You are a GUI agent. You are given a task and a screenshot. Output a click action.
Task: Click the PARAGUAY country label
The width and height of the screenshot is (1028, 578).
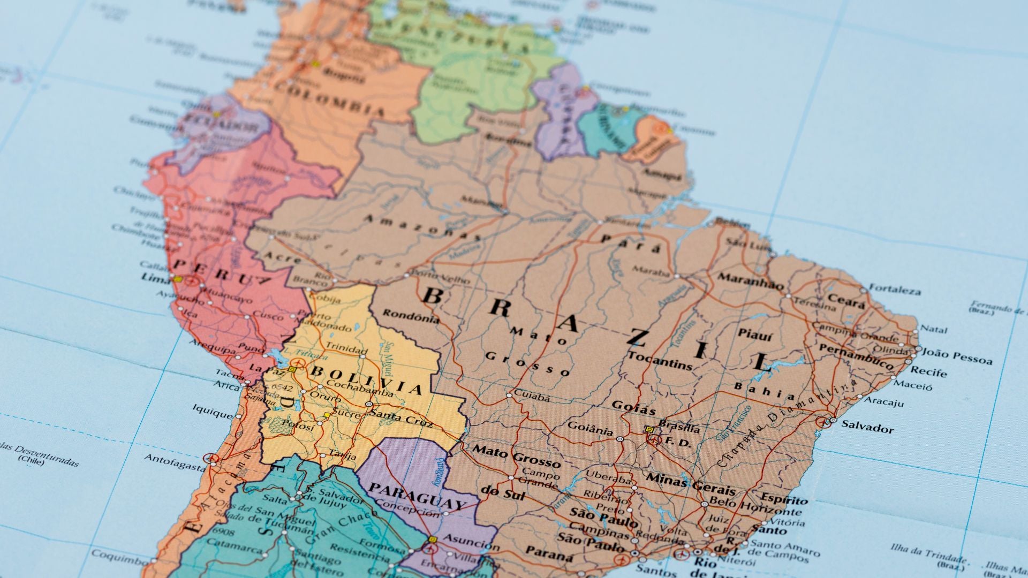[417, 496]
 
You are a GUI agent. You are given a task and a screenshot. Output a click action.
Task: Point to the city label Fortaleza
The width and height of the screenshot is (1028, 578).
[895, 290]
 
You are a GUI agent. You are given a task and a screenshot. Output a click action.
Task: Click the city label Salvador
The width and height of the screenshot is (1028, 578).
[867, 427]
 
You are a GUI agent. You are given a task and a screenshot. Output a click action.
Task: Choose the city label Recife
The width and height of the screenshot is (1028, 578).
[928, 371]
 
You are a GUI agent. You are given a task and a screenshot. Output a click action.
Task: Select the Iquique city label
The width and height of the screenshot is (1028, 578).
[213, 412]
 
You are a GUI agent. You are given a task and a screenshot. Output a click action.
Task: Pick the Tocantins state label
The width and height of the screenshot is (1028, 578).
[660, 361]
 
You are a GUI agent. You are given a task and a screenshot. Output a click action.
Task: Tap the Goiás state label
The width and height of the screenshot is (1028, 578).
[633, 407]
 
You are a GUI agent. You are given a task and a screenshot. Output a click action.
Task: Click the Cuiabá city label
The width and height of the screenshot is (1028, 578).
[532, 397]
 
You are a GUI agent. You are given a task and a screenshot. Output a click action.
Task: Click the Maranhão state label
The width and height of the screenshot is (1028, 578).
[751, 280]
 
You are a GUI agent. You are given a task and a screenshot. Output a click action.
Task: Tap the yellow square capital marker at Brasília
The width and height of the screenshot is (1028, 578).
[649, 429]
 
